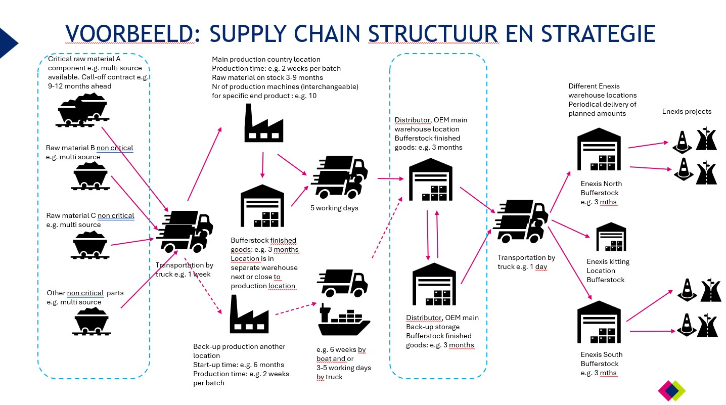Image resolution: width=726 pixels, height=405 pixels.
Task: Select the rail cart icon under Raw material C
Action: point(90,245)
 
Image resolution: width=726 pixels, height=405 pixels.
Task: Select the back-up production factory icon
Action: point(249,313)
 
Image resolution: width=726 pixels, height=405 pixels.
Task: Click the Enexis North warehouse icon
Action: point(599,150)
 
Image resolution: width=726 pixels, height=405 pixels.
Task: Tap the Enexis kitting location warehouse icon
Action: point(611,237)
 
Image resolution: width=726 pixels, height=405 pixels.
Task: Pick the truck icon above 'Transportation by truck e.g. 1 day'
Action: point(520,220)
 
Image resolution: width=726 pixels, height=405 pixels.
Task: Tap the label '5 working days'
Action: point(334,208)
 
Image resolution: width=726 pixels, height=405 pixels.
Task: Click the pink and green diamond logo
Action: point(671,391)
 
